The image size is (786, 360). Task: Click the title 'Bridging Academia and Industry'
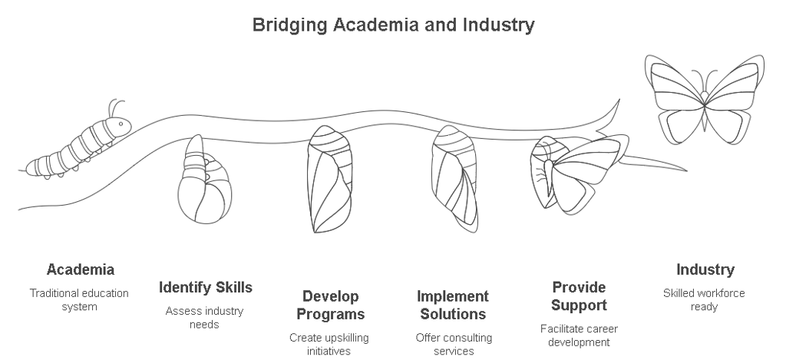tap(393, 25)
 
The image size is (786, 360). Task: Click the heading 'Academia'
tap(81, 269)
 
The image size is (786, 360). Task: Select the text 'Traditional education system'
tap(79, 300)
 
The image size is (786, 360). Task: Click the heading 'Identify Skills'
tap(205, 288)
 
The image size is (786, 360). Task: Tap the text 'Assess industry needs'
tap(205, 318)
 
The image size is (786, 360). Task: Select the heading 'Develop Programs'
tap(330, 306)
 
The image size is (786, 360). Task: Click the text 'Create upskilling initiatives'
tap(330, 344)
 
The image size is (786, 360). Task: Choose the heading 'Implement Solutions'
tap(453, 306)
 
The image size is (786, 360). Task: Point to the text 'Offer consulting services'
tap(454, 344)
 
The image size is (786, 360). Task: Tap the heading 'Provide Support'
tap(579, 296)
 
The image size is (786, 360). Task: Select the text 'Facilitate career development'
tap(579, 335)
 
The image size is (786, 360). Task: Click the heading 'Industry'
tap(705, 269)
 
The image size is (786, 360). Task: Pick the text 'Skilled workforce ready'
tap(704, 300)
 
